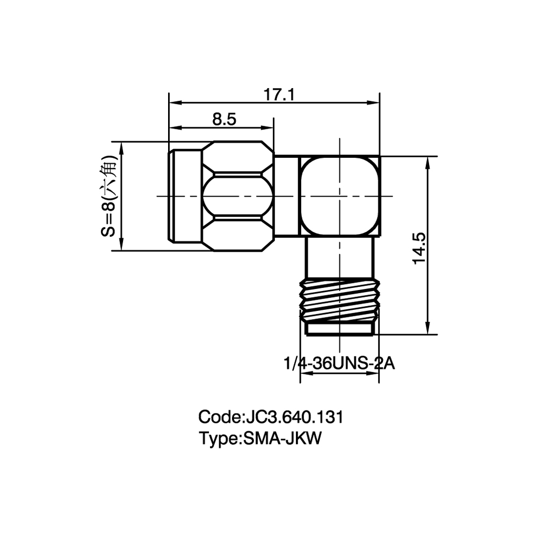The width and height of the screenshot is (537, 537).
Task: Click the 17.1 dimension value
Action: click(x=279, y=95)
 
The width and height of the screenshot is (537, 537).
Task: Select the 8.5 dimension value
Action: click(x=224, y=120)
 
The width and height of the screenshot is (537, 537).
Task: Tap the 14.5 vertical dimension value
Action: click(x=419, y=248)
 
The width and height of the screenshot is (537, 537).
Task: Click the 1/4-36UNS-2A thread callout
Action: click(x=339, y=364)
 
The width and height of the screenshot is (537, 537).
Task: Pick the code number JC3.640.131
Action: click(x=293, y=417)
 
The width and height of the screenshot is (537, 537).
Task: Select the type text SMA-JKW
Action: click(x=282, y=438)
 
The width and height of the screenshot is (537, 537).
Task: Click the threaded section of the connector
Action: click(x=340, y=300)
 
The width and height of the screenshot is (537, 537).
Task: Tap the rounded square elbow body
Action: click(x=339, y=196)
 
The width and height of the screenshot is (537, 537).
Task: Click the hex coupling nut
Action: click(x=238, y=196)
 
